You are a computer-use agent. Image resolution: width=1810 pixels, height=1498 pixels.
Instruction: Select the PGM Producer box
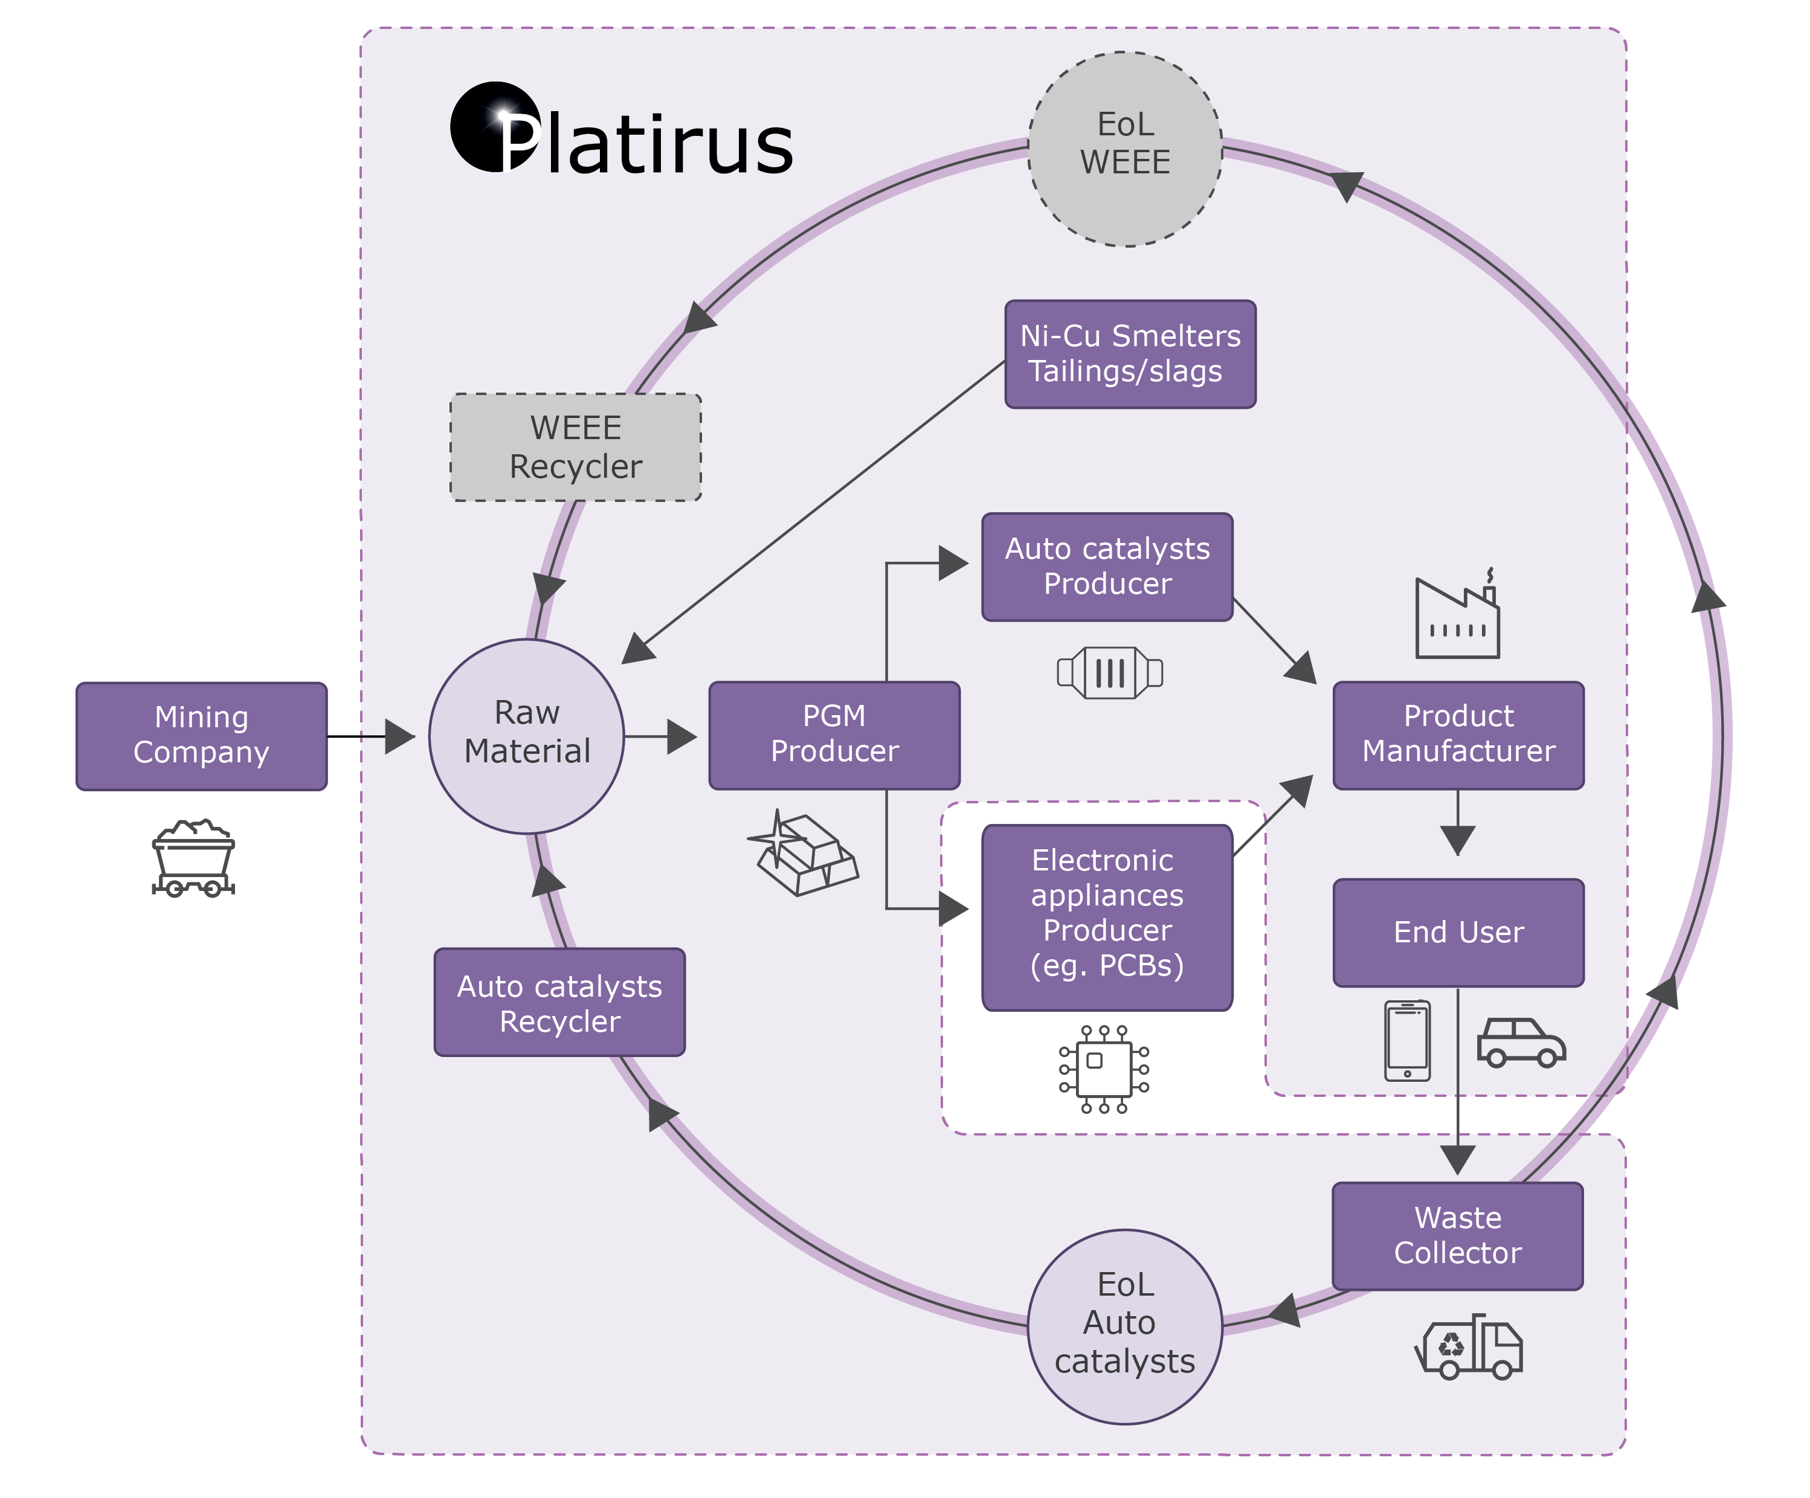point(834,735)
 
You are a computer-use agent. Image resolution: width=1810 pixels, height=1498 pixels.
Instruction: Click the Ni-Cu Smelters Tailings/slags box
point(1129,353)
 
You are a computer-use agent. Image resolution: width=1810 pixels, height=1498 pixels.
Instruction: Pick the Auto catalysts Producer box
point(1107,566)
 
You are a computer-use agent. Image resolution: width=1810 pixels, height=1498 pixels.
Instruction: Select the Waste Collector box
point(1457,1235)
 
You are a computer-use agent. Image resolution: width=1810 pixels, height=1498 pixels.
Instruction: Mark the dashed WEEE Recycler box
point(575,446)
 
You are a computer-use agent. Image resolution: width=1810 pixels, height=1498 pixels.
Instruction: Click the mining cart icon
point(193,858)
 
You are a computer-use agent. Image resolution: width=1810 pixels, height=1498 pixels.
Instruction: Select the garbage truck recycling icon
point(1469,1346)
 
